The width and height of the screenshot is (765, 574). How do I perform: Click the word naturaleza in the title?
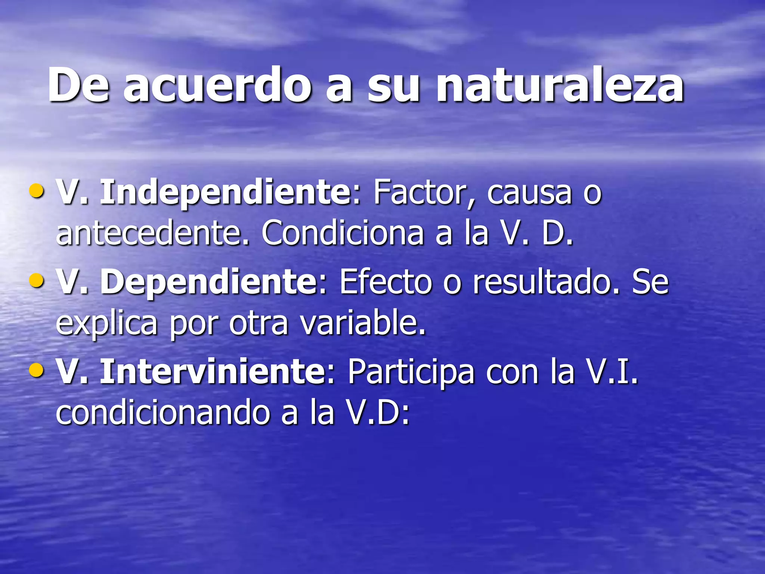[x=560, y=85]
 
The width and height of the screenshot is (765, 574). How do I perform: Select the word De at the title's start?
[x=79, y=85]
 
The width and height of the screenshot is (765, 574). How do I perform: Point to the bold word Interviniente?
[x=213, y=371]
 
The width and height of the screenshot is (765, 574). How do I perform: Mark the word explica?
[x=106, y=324]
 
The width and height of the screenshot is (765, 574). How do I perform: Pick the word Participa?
[x=411, y=372]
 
